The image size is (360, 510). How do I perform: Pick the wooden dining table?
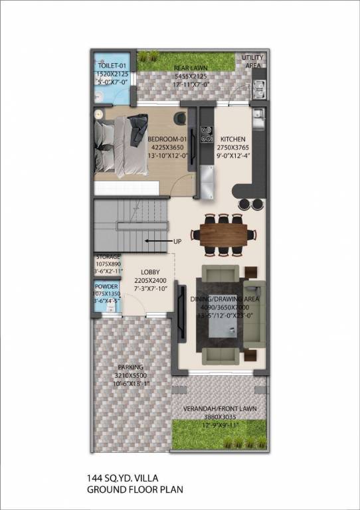(223, 234)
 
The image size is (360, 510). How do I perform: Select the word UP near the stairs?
(177, 241)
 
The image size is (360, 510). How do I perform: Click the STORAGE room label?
(108, 257)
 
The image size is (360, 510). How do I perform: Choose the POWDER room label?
(107, 286)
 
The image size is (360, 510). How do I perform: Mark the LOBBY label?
(149, 272)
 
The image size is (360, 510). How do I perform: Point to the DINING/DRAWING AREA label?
(224, 300)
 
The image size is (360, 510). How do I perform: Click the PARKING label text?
(131, 367)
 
